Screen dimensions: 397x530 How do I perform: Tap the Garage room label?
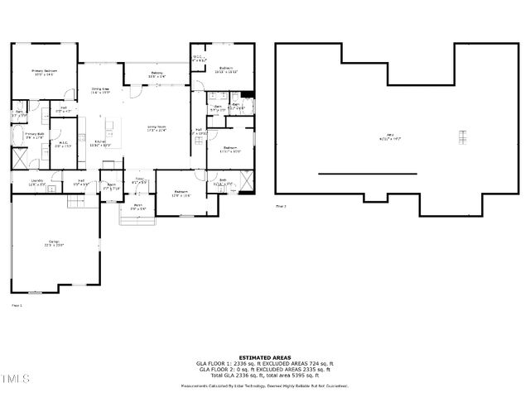(x=54, y=243)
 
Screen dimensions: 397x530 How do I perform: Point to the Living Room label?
(x=157, y=128)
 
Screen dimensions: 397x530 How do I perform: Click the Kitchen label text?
(x=101, y=143)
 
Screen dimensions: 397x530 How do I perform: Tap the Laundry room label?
(x=36, y=182)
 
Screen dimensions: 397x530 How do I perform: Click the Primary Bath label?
(x=33, y=135)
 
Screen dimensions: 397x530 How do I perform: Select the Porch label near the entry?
(x=138, y=207)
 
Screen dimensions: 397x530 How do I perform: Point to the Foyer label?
(x=140, y=180)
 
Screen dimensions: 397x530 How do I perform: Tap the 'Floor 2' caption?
(x=281, y=205)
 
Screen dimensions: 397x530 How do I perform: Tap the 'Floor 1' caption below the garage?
(x=16, y=305)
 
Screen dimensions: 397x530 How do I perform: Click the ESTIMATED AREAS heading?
(x=264, y=357)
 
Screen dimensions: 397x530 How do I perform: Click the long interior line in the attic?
(x=356, y=174)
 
